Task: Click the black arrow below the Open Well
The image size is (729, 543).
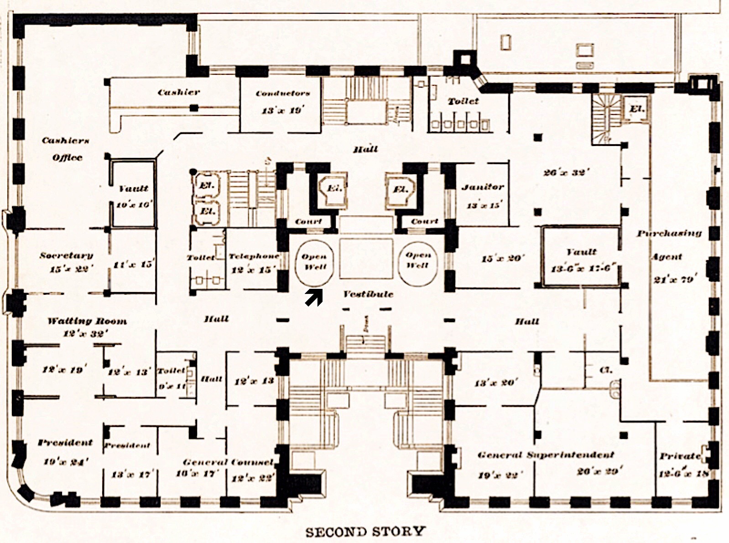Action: point(314,298)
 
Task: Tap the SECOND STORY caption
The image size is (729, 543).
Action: point(365,532)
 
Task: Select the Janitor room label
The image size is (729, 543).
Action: point(483,187)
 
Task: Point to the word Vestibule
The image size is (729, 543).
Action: point(368,294)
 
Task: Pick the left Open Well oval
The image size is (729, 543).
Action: point(314,262)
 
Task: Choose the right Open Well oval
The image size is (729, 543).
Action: point(418,261)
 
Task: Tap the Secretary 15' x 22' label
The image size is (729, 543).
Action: point(67,256)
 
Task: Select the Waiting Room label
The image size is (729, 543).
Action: point(87,321)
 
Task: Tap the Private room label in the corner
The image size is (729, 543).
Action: point(680,456)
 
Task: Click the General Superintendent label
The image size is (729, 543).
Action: point(546,455)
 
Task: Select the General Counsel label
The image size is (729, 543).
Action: point(228,462)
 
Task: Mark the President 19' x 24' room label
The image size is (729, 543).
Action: point(65,443)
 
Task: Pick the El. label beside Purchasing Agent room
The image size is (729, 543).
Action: point(637,109)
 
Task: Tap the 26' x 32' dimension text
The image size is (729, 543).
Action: point(566,172)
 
